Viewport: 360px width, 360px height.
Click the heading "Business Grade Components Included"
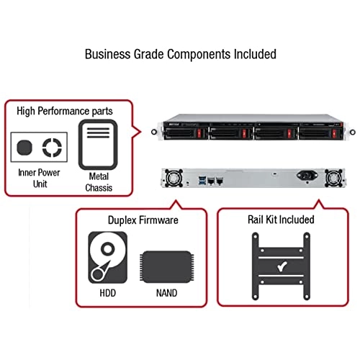coord(180,54)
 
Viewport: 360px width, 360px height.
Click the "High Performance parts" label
coord(63,111)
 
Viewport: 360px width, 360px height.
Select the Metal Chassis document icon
coord(98,144)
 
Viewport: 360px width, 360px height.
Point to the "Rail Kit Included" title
coord(277,220)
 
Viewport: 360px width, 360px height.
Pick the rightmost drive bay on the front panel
coord(315,133)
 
